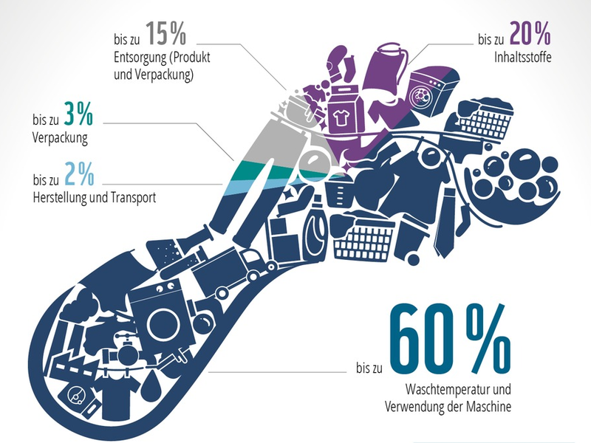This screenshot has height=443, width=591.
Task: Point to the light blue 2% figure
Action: click(81, 175)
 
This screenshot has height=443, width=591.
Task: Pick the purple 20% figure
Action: click(527, 32)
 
